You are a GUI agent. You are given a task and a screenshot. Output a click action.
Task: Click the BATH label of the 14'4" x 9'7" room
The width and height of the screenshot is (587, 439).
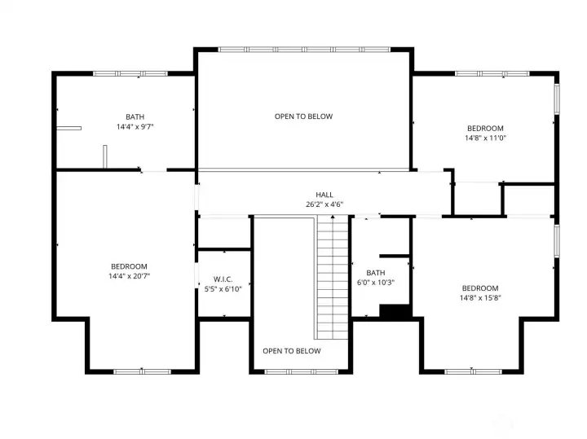pyautogui.click(x=135, y=116)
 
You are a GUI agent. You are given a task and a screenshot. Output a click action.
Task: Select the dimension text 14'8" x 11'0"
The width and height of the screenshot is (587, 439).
pyautogui.click(x=484, y=138)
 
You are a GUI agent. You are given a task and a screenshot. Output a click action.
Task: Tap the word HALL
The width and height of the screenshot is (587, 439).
pyautogui.click(x=324, y=195)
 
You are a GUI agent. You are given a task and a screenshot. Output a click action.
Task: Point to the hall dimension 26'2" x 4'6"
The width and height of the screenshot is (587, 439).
pyautogui.click(x=324, y=204)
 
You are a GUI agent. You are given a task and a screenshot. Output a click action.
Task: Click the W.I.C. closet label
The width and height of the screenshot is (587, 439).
pyautogui.click(x=223, y=279)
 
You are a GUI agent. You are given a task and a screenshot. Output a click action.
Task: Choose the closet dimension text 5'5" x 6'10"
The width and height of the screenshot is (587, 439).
pyautogui.click(x=223, y=288)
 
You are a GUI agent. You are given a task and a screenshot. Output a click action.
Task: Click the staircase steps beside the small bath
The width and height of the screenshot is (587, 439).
pyautogui.click(x=333, y=277)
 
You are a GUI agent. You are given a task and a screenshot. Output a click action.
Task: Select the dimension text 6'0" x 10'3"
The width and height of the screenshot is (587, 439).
pyautogui.click(x=376, y=283)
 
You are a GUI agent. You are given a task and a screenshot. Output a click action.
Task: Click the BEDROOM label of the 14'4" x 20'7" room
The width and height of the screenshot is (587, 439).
pyautogui.click(x=129, y=266)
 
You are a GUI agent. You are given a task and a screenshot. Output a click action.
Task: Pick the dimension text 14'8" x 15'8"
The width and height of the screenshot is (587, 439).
pyautogui.click(x=479, y=298)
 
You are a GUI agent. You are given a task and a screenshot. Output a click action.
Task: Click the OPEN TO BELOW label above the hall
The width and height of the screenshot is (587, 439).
pyautogui.click(x=303, y=116)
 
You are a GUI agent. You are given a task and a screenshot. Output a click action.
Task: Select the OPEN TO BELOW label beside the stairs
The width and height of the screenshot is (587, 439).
pyautogui.click(x=291, y=351)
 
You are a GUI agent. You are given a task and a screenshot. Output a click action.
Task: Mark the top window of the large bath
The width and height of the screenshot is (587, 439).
pyautogui.click(x=130, y=74)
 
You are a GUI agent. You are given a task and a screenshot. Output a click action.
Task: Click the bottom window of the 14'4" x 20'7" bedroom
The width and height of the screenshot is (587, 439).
pyautogui.click(x=142, y=371)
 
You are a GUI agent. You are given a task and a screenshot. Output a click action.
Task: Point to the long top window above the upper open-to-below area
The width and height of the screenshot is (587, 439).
pyautogui.click(x=303, y=49)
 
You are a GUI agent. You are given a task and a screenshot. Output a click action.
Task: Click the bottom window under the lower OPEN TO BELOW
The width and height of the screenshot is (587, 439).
pyautogui.click(x=301, y=371)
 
